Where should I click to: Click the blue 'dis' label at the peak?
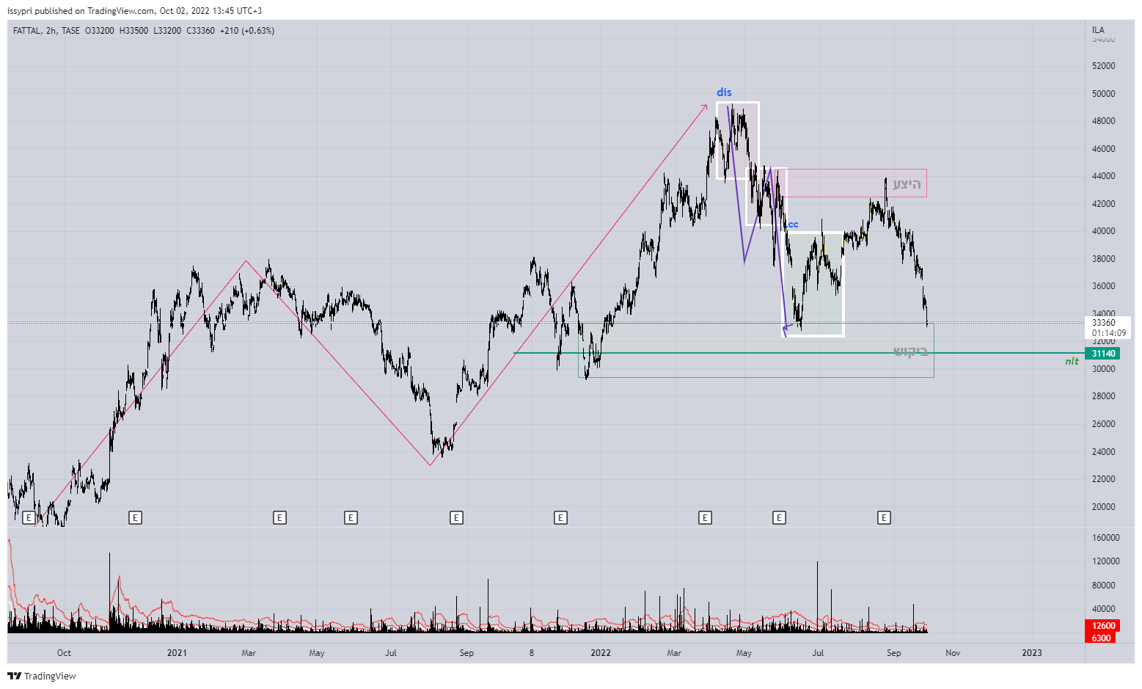[724, 92]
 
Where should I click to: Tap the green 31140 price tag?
[1103, 354]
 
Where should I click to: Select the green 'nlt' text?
[1072, 361]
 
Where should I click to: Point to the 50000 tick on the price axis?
[1103, 94]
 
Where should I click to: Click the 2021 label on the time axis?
[177, 653]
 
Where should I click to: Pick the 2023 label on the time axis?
[1031, 653]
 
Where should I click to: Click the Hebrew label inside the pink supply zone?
[907, 184]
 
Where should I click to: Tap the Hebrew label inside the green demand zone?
[910, 351]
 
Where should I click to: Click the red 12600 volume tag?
[1103, 626]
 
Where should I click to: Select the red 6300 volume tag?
[1101, 638]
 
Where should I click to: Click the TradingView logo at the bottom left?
[42, 676]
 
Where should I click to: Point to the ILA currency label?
[1098, 30]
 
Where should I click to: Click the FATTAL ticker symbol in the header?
[26, 31]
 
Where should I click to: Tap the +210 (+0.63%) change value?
[247, 31]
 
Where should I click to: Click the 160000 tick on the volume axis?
[1105, 538]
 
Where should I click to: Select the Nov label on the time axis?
[952, 653]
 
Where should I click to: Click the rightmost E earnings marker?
[884, 518]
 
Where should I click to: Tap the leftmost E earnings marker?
[29, 518]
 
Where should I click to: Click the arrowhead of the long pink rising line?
[706, 106]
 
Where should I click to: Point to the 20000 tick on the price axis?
[1103, 507]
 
